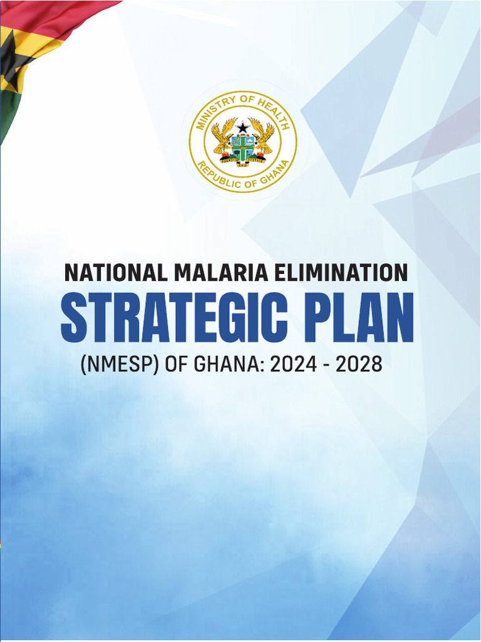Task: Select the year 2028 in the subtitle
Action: pyautogui.click(x=359, y=364)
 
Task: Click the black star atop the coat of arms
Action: pyautogui.click(x=242, y=128)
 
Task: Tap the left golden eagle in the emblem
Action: pyautogui.click(x=222, y=137)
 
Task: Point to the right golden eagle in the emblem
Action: pyautogui.click(x=263, y=137)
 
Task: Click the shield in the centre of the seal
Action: pyautogui.click(x=242, y=148)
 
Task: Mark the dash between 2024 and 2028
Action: pyautogui.click(x=326, y=365)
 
